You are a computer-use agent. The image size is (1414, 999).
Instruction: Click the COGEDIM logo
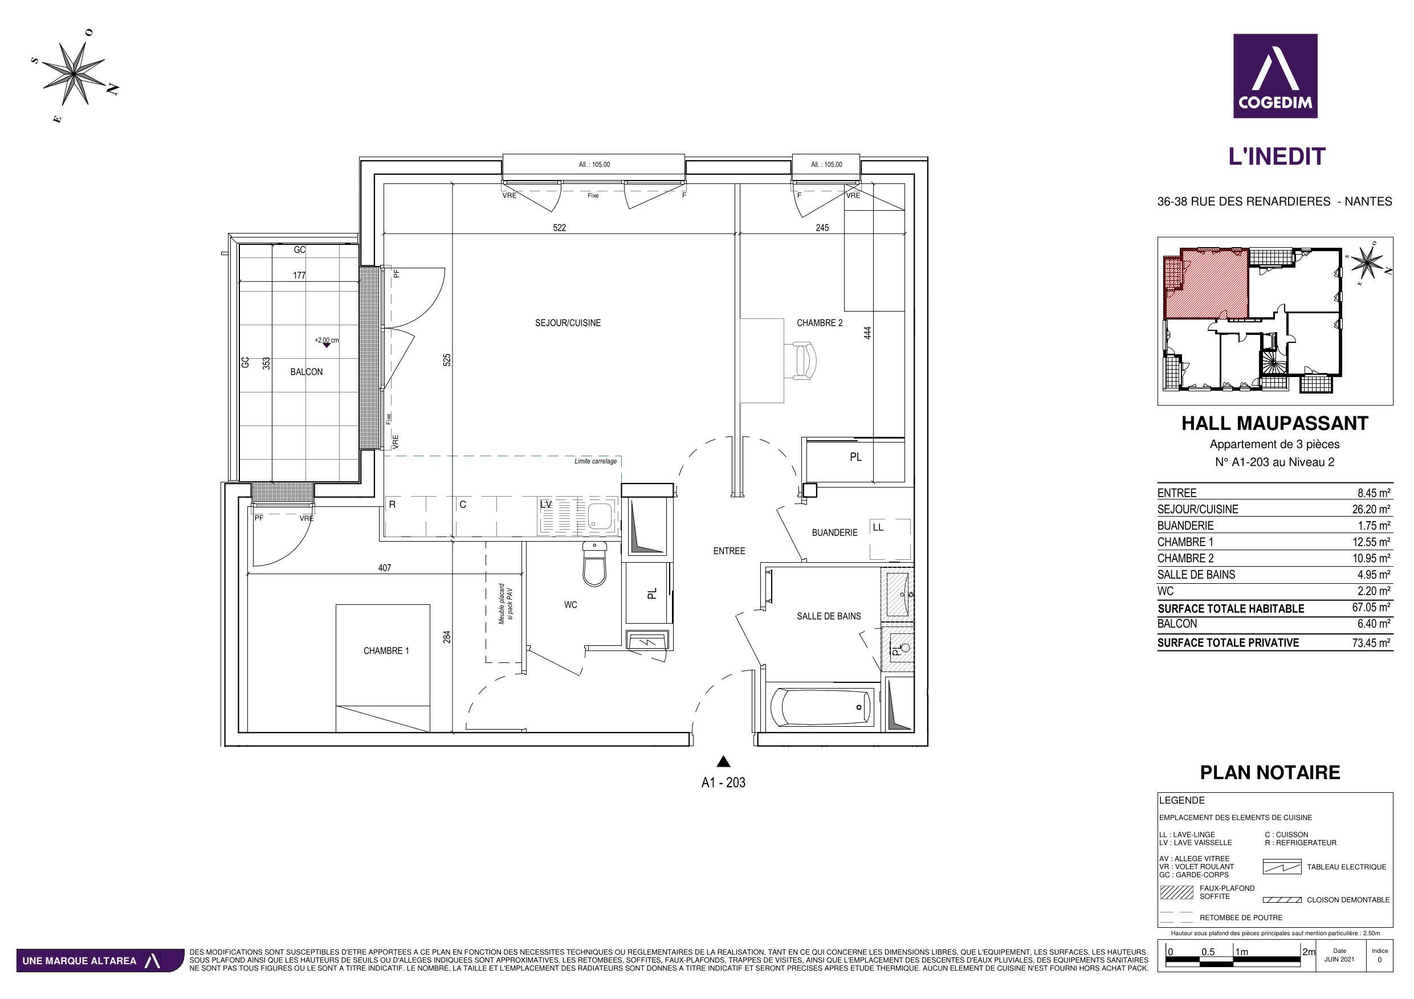point(1275,76)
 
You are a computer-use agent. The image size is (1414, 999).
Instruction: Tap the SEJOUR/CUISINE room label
point(567,322)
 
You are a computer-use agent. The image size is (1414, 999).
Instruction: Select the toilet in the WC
point(594,563)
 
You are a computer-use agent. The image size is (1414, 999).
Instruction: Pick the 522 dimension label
point(559,228)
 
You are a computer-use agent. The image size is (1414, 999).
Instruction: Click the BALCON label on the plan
point(306,372)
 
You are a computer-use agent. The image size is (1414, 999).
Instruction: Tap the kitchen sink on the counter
point(600,516)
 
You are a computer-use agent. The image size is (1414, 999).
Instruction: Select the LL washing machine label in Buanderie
point(878,527)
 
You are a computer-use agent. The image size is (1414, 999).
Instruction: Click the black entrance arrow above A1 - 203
point(724,761)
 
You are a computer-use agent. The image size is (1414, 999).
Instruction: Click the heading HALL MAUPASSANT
point(1275,424)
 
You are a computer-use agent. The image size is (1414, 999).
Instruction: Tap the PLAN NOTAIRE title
point(1270,772)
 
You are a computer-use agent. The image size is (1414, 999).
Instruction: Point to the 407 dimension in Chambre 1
point(384,567)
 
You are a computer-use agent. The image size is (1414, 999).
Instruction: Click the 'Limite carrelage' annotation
point(595,461)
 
